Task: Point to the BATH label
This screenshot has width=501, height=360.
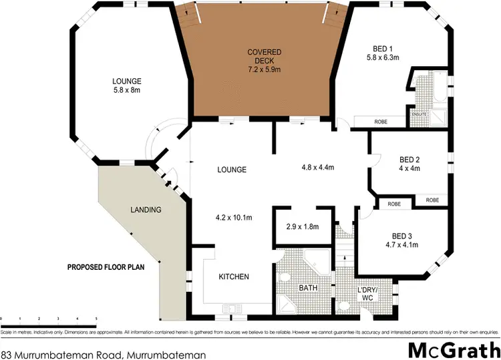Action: pyautogui.click(x=307, y=289)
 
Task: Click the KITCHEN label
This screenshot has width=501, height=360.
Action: pyautogui.click(x=234, y=277)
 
